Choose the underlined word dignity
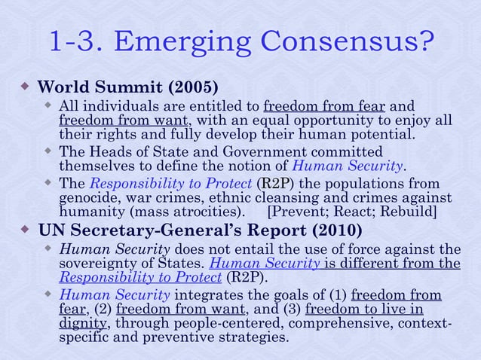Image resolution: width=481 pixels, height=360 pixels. [x=84, y=324]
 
